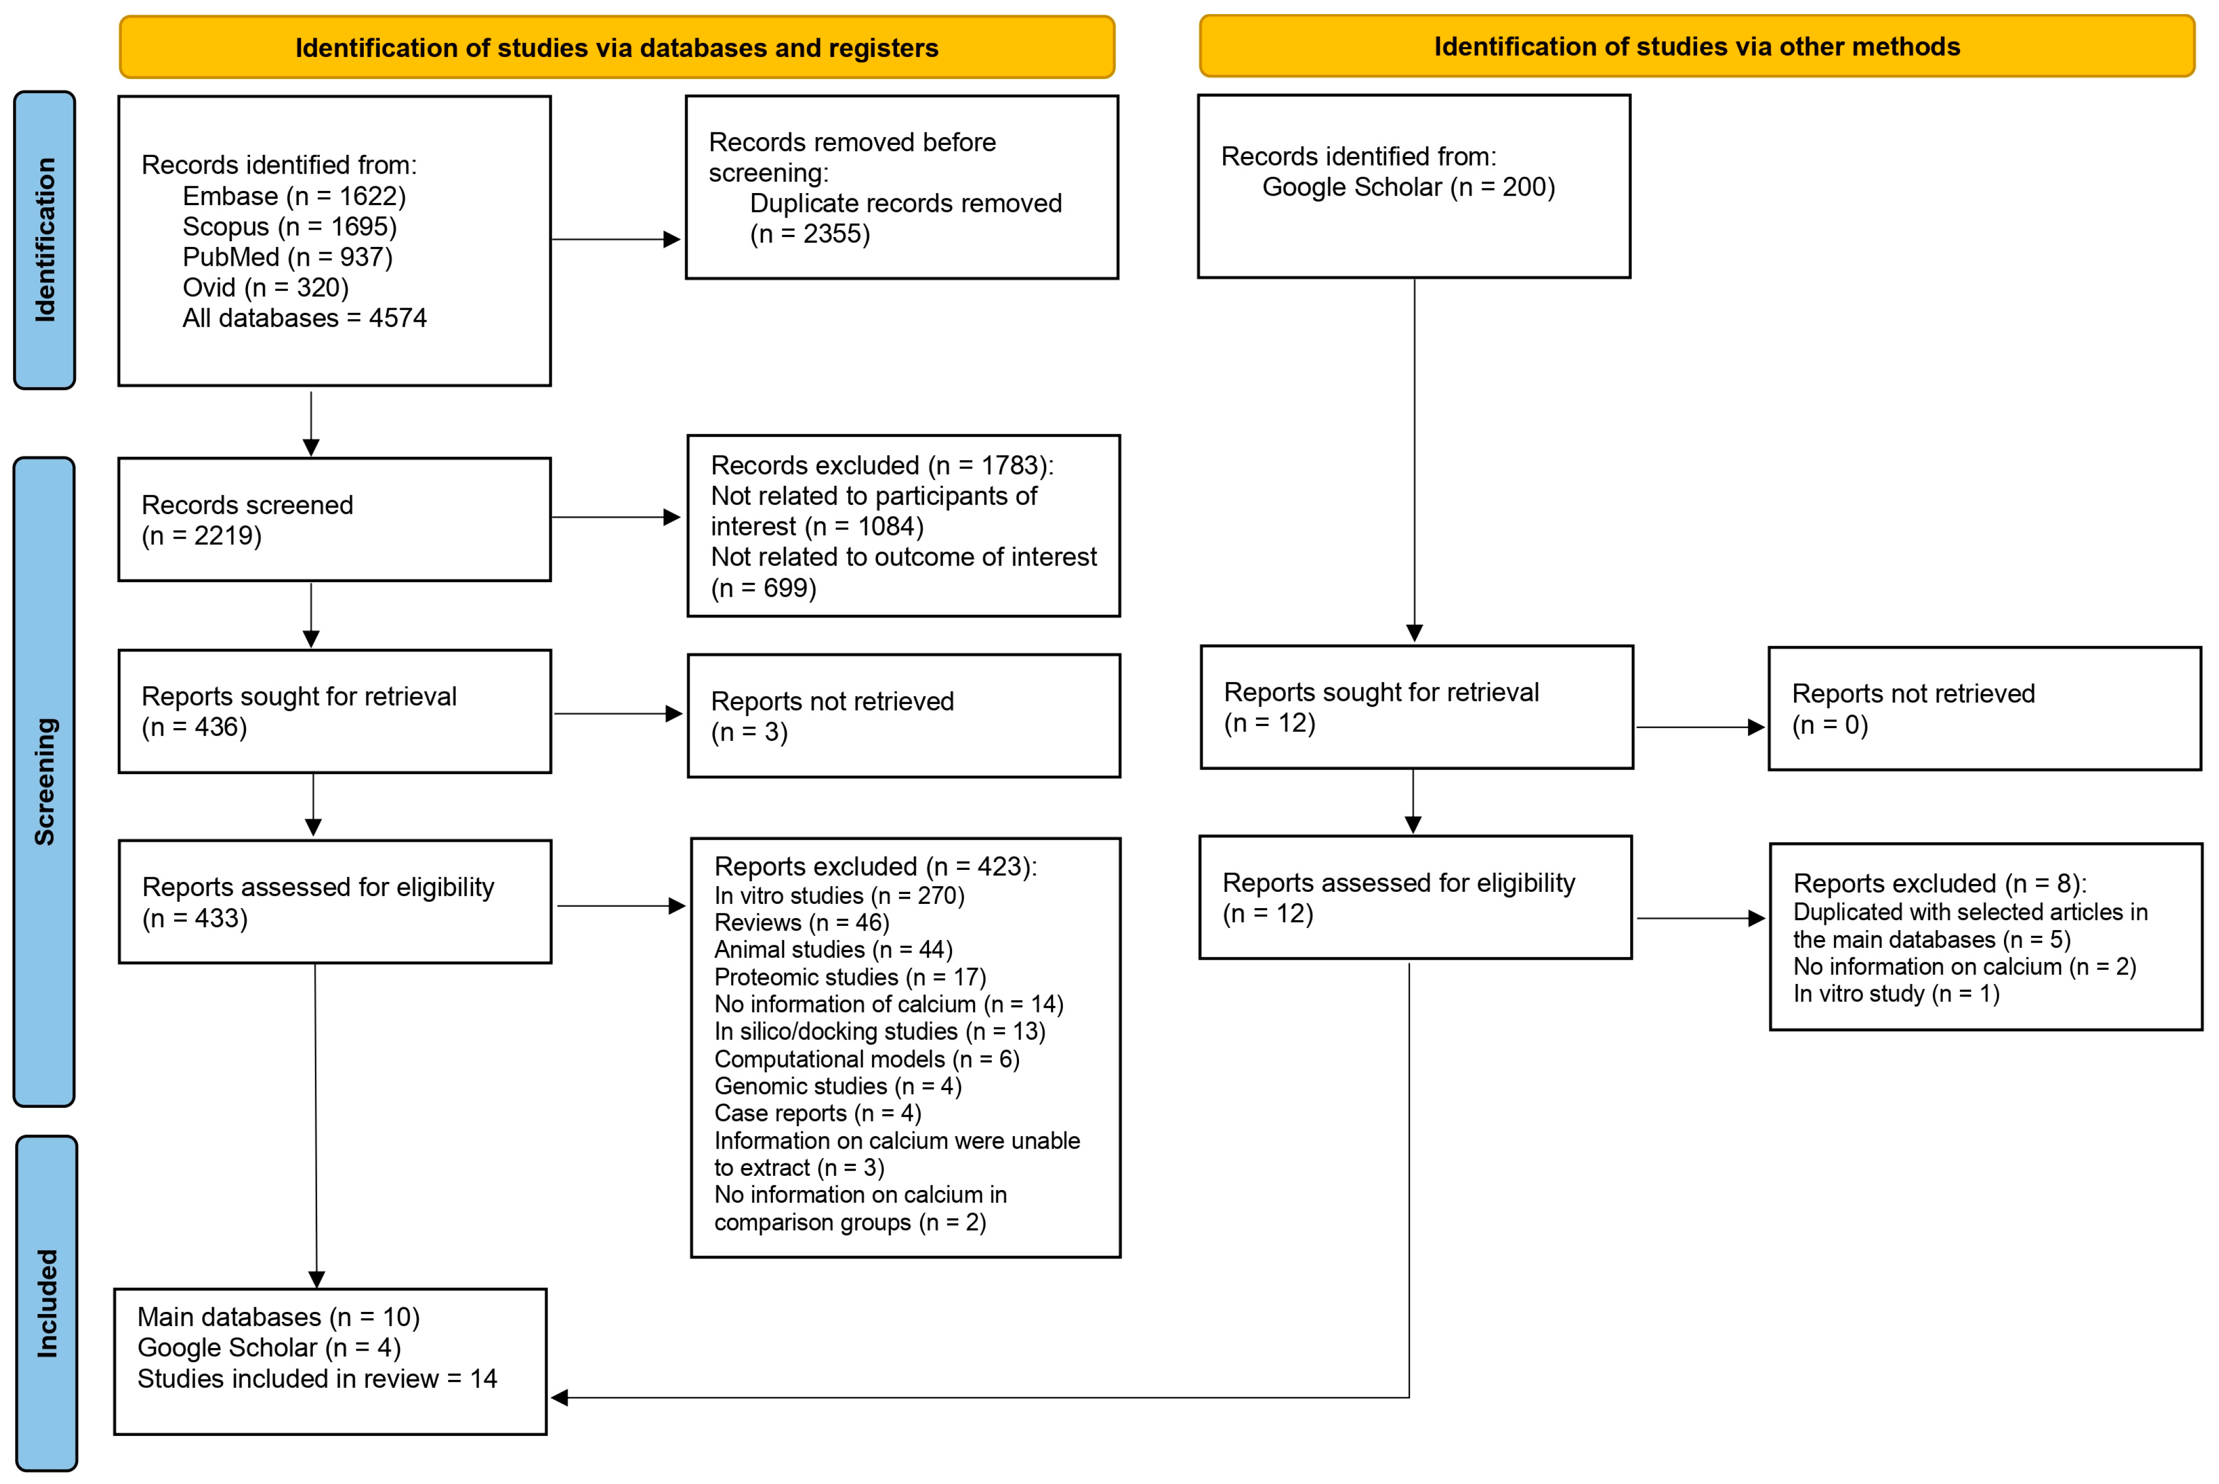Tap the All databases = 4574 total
304,318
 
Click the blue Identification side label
44,241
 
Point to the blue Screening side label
44,781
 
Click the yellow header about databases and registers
617,47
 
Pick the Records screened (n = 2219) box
334,519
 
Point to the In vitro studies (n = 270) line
839,896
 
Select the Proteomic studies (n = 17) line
849,977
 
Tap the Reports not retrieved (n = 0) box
1983,709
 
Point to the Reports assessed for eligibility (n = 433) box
334,902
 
